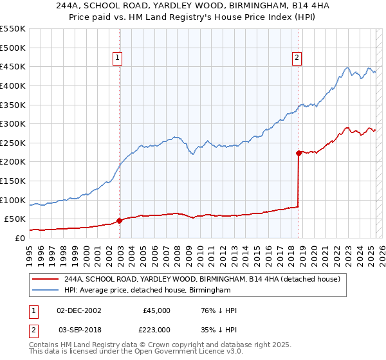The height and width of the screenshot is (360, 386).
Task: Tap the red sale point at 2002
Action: coord(120,221)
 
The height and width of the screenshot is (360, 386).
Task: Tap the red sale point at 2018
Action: coord(299,153)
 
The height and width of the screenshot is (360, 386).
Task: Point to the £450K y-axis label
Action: coord(13,66)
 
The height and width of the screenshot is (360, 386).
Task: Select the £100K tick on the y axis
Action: coord(13,200)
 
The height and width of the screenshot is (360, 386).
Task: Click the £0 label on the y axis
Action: coord(19,238)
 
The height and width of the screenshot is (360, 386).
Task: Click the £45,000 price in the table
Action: coord(156,310)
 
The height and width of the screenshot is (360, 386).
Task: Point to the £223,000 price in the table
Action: coord(156,330)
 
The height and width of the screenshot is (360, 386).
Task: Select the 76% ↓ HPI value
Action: coord(219,310)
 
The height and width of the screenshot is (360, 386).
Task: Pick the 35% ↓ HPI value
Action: coord(219,330)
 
